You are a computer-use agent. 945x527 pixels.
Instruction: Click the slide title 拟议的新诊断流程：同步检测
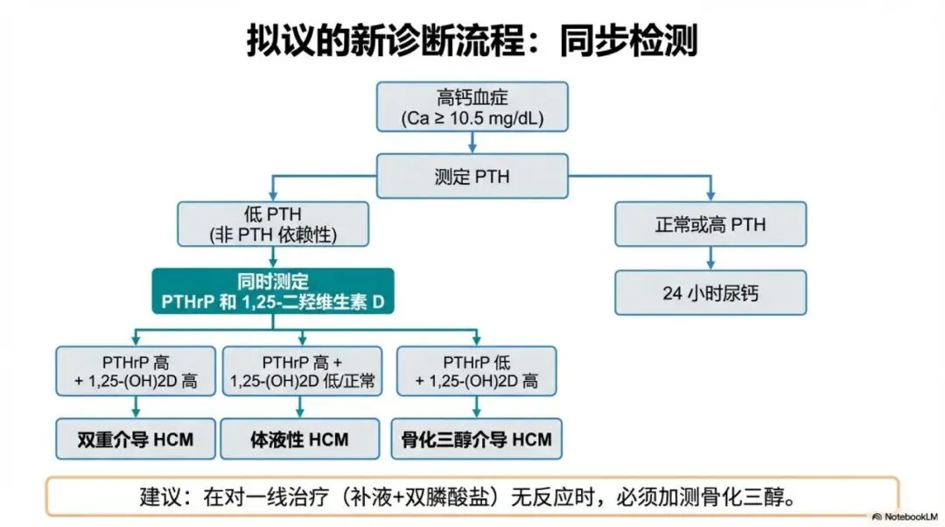pos(472,39)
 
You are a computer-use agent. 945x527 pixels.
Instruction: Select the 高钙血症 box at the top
pos(472,107)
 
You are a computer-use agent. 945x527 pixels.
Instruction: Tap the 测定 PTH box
pos(472,177)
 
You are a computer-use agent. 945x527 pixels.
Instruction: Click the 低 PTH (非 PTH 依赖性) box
pos(275,224)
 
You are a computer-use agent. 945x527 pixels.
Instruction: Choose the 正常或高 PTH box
pos(710,224)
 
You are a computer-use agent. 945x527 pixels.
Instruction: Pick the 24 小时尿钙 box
pos(710,292)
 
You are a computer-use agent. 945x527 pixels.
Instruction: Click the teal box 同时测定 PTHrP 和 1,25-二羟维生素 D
pos(275,292)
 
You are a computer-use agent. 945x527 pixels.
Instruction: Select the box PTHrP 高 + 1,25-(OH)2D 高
pos(135,370)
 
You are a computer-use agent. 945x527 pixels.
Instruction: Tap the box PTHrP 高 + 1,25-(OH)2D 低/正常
pos(300,370)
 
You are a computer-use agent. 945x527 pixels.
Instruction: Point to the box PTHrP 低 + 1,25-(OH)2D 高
pos(477,370)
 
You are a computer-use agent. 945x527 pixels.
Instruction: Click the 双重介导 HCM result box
pos(135,439)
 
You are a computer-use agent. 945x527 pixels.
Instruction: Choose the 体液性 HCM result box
pos(300,439)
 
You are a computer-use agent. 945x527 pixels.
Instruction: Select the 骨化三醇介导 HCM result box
pos(477,439)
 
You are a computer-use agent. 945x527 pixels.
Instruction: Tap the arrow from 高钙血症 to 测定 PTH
pos(472,143)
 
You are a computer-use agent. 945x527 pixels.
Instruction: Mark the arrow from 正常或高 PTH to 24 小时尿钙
pos(710,258)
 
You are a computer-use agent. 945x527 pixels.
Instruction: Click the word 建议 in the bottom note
pos(158,496)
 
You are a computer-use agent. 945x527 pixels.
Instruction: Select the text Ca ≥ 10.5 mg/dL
pos(472,118)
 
